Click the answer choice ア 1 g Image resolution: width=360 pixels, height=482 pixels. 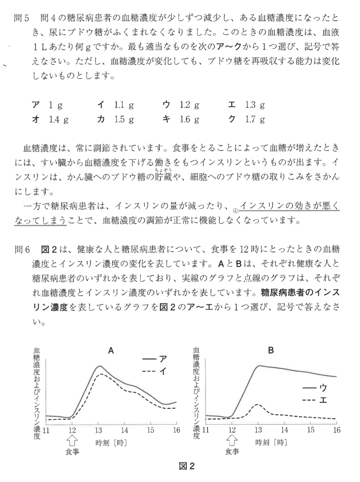pos(47,105)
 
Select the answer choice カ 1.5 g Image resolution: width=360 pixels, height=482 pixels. pos(115,119)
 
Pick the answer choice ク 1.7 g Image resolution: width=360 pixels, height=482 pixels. pos(246,119)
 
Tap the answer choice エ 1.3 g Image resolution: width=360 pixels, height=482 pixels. pos(246,105)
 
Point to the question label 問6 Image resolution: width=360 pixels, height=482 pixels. pos(22,250)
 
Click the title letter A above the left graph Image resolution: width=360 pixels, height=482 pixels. pos(111,351)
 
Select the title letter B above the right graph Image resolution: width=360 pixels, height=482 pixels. pos(271,351)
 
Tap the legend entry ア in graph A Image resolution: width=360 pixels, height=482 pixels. pos(155,359)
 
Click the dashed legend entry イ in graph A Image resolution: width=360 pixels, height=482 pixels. pos(155,371)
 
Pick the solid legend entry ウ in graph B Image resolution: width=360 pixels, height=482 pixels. pos(315,388)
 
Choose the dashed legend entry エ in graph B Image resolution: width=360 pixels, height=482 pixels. pos(315,400)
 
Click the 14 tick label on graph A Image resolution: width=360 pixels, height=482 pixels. pos(124,430)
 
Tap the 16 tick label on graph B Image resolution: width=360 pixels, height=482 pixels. pos(337,430)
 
